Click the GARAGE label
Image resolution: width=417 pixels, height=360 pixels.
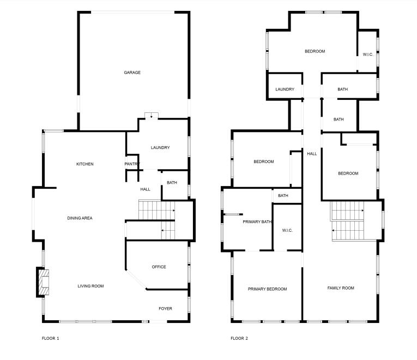[132, 73]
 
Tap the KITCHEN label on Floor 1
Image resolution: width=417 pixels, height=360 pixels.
[84, 164]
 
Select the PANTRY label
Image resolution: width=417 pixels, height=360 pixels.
[132, 164]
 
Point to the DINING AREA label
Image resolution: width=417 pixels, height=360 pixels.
[80, 218]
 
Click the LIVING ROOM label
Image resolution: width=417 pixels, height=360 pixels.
[90, 286]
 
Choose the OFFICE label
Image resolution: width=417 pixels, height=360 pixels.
[159, 267]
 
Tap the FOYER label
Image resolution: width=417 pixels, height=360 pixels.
[165, 309]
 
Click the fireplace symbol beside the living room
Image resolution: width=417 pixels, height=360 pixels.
[43, 282]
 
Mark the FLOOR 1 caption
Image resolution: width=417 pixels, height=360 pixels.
[50, 339]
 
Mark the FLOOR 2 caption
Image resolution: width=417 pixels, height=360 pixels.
[239, 339]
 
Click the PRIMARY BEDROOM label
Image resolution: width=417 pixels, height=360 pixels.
[267, 289]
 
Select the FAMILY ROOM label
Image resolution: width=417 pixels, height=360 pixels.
[341, 288]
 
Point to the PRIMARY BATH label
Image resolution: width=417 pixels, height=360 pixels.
[257, 222]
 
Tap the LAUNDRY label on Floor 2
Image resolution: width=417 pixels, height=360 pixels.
[285, 89]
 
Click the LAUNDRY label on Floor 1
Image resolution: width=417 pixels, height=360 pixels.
[160, 148]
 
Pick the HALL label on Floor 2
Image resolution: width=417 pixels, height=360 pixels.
[312, 154]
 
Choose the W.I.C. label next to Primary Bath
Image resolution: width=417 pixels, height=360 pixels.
[288, 231]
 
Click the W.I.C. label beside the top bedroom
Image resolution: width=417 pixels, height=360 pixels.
[368, 54]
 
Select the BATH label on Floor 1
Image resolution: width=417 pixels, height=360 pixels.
[172, 183]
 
